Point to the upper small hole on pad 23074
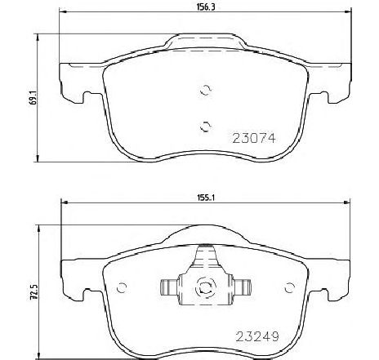(206, 92)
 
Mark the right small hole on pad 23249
(288, 286)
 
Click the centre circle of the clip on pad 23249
(206, 287)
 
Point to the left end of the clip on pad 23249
(164, 287)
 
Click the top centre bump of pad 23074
(206, 40)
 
